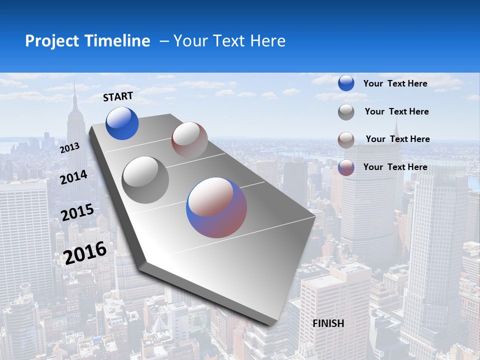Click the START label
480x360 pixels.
[118, 96]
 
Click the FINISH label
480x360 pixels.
[328, 323]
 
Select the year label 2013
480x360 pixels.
[69, 148]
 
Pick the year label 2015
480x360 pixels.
[77, 213]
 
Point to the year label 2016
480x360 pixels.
[85, 253]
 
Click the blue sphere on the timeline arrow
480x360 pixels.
[122, 123]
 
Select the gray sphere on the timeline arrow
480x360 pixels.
[145, 180]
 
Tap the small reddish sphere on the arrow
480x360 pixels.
[189, 140]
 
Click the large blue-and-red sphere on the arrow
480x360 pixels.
[216, 207]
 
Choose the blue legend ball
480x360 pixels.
[346, 83]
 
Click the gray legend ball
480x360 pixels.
[346, 112]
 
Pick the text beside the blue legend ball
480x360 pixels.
[395, 83]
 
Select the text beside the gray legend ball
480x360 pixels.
[396, 111]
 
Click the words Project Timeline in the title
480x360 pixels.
[87, 41]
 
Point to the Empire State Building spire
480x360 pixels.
[74, 90]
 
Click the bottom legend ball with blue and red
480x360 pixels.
[346, 167]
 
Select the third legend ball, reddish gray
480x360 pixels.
[346, 140]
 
